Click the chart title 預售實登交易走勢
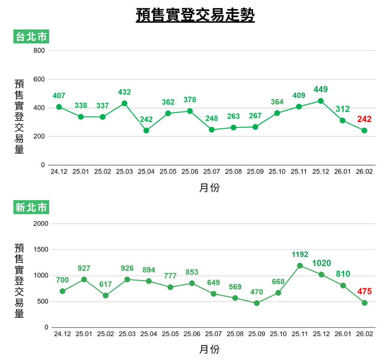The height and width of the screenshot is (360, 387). (x=195, y=15)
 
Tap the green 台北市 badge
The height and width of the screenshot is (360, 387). (x=31, y=36)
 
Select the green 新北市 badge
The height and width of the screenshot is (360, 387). (x=31, y=207)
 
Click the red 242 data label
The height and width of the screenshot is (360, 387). (x=364, y=119)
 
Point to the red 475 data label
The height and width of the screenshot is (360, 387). (x=364, y=291)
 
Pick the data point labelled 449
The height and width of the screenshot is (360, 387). (x=321, y=101)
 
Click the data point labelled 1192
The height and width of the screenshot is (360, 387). (x=300, y=265)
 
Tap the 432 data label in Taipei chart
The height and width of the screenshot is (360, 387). (x=124, y=92)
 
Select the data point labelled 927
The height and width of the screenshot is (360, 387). (x=84, y=279)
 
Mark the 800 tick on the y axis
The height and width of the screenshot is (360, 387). (x=39, y=51)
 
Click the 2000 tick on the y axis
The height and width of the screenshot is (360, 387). (x=41, y=224)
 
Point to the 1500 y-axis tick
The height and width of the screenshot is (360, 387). (x=41, y=249)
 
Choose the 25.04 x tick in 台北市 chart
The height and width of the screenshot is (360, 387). (x=146, y=172)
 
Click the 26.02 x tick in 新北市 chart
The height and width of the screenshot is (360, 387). (x=364, y=334)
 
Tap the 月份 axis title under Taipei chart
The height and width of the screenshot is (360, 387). (x=210, y=188)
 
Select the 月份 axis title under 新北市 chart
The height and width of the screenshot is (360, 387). (x=210, y=350)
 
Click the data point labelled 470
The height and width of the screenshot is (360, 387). (x=257, y=303)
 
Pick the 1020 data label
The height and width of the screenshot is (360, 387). (x=322, y=263)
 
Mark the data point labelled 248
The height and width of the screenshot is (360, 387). (x=212, y=130)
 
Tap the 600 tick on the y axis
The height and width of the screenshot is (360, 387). (x=39, y=79)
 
